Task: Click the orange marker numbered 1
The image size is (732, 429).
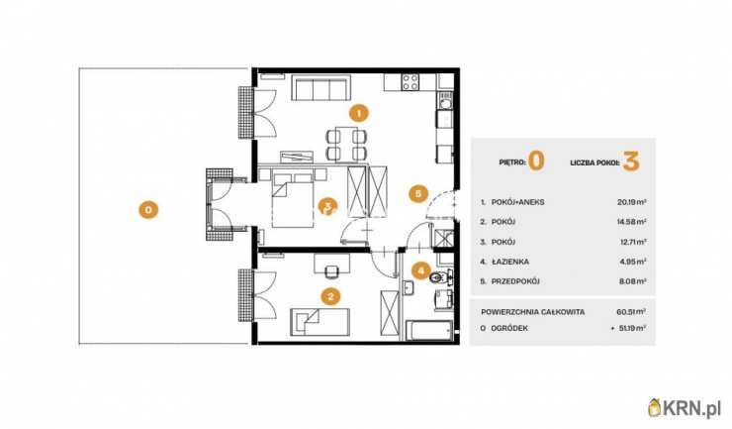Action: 358,113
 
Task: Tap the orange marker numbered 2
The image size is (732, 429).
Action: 330,296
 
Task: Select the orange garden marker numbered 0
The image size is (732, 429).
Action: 148,210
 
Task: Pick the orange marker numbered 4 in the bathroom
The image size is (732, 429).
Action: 421,270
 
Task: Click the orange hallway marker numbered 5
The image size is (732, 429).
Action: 418,193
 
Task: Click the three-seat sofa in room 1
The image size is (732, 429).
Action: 320,87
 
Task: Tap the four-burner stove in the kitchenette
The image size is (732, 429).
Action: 411,82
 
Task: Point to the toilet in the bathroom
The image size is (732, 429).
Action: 440,277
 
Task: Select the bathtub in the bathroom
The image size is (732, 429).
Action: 429,331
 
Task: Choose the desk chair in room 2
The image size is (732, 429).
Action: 331,271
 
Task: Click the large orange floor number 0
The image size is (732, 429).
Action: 536,161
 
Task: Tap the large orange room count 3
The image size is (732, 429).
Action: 631,161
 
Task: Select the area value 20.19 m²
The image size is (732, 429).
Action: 632,202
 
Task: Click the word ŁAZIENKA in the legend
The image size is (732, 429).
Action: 510,262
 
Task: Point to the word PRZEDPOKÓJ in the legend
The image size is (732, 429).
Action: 515,281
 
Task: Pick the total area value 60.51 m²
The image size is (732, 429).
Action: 631,311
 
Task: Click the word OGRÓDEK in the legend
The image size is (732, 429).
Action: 509,328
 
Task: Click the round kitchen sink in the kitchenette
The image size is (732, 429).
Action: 444,101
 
